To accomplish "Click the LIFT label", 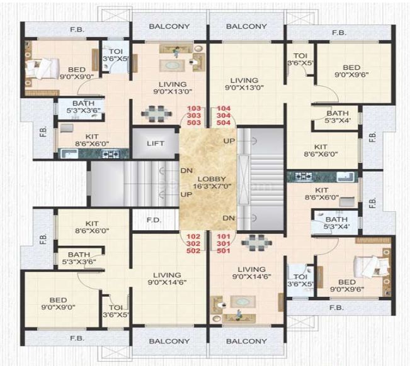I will pyautogui.click(x=156, y=143).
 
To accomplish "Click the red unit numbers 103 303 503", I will pyautogui.click(x=194, y=116).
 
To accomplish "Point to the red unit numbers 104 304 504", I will pyautogui.click(x=224, y=116).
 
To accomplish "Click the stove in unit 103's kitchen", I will pyautogui.click(x=112, y=153).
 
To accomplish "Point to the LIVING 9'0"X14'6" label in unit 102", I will pyautogui.click(x=166, y=279).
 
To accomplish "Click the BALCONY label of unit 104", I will pyautogui.click(x=246, y=26).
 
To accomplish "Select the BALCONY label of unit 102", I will pyautogui.click(x=169, y=341).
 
